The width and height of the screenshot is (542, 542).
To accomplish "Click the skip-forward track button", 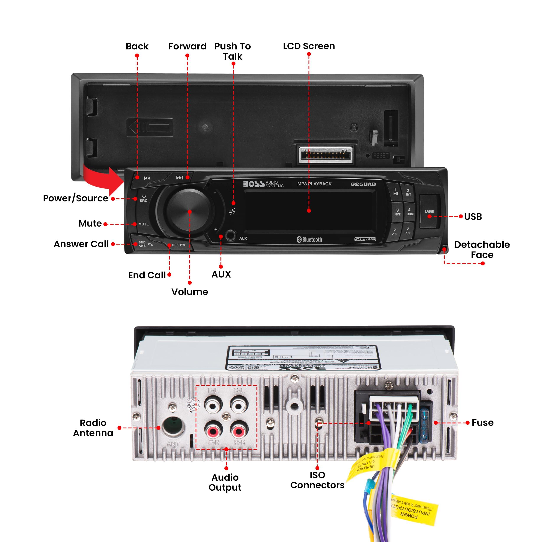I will (179, 178).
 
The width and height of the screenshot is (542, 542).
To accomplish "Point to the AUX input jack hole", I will (230, 236).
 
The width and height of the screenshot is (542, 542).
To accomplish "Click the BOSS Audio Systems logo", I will (263, 184).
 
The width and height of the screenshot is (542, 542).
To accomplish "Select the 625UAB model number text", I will (363, 184).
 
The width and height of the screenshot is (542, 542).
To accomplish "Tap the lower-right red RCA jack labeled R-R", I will (239, 430).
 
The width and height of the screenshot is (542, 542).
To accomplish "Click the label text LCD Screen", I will (309, 46).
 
